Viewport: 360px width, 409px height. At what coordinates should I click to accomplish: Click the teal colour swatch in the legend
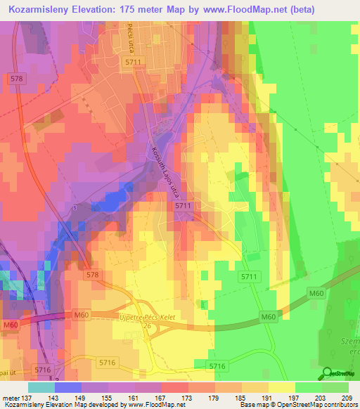click(41, 387)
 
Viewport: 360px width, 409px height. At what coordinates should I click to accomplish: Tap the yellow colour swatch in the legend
click(282, 387)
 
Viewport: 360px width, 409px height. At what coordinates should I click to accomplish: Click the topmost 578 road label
click(18, 79)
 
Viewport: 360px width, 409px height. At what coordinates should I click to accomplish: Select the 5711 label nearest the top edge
click(133, 63)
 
